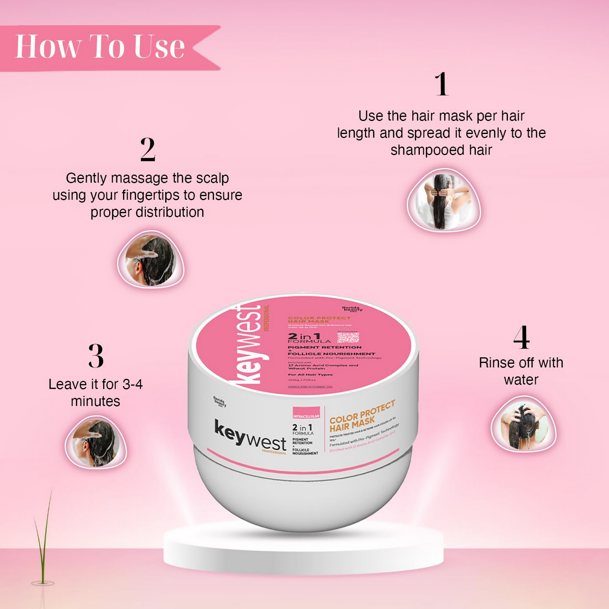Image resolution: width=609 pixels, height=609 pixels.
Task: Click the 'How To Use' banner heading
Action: (100, 46)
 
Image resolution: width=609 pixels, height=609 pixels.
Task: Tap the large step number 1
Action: (441, 84)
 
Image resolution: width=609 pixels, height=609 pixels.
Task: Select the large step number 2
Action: (148, 149)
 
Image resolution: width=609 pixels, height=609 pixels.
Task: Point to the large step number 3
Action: (96, 356)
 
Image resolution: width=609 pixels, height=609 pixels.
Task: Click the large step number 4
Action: (521, 338)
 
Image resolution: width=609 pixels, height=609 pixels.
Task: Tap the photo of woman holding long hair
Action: (443, 201)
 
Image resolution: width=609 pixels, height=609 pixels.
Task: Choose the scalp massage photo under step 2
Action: (150, 260)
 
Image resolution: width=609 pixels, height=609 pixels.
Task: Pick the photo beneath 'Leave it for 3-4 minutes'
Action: (96, 443)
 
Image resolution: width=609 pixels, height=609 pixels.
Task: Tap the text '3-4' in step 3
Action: (132, 384)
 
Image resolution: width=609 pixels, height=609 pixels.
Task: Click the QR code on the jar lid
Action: (348, 337)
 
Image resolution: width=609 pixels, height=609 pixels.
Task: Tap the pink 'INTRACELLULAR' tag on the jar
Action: (306, 414)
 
